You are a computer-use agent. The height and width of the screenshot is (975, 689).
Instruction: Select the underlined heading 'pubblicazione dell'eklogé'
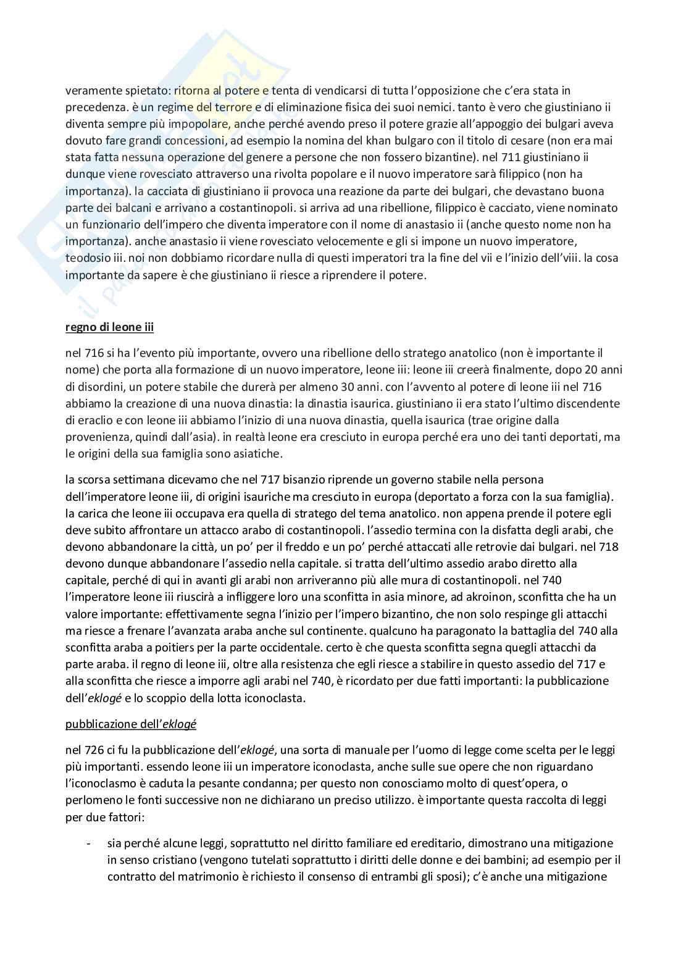click(x=131, y=724)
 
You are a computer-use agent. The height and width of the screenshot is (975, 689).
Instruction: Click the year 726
click(x=96, y=750)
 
